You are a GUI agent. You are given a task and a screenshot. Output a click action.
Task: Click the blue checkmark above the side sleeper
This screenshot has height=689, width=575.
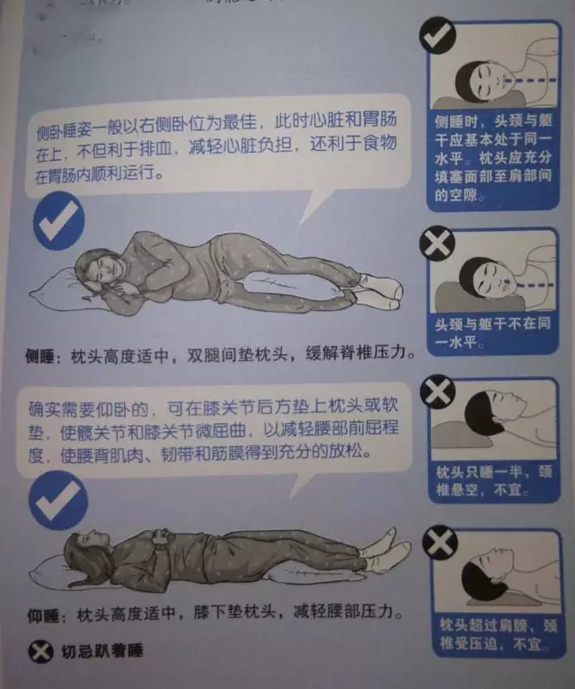[59, 221]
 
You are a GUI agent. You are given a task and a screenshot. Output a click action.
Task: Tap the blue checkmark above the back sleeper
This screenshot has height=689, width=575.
[57, 500]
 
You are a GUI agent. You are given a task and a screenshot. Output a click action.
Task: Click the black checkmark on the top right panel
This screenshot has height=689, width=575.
[438, 36]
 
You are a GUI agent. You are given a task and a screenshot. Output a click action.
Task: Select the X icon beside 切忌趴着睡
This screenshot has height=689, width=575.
[40, 651]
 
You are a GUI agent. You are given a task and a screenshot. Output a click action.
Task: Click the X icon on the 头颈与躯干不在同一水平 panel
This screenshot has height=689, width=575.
[437, 243]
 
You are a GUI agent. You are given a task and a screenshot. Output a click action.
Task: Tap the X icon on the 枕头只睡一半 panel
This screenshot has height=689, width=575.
[438, 391]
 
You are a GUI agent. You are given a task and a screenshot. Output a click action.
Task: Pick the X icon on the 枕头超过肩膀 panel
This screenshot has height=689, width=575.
[440, 543]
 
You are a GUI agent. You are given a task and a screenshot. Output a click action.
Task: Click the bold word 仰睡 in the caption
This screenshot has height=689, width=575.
[42, 615]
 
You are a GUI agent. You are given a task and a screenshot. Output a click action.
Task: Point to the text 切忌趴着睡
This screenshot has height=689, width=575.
[102, 651]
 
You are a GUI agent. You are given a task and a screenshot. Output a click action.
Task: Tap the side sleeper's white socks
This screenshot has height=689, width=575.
[379, 290]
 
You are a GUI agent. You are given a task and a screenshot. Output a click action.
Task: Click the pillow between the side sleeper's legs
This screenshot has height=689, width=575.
[286, 282]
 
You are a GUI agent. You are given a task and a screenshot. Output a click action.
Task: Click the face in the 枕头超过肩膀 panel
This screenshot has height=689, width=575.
[493, 567]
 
